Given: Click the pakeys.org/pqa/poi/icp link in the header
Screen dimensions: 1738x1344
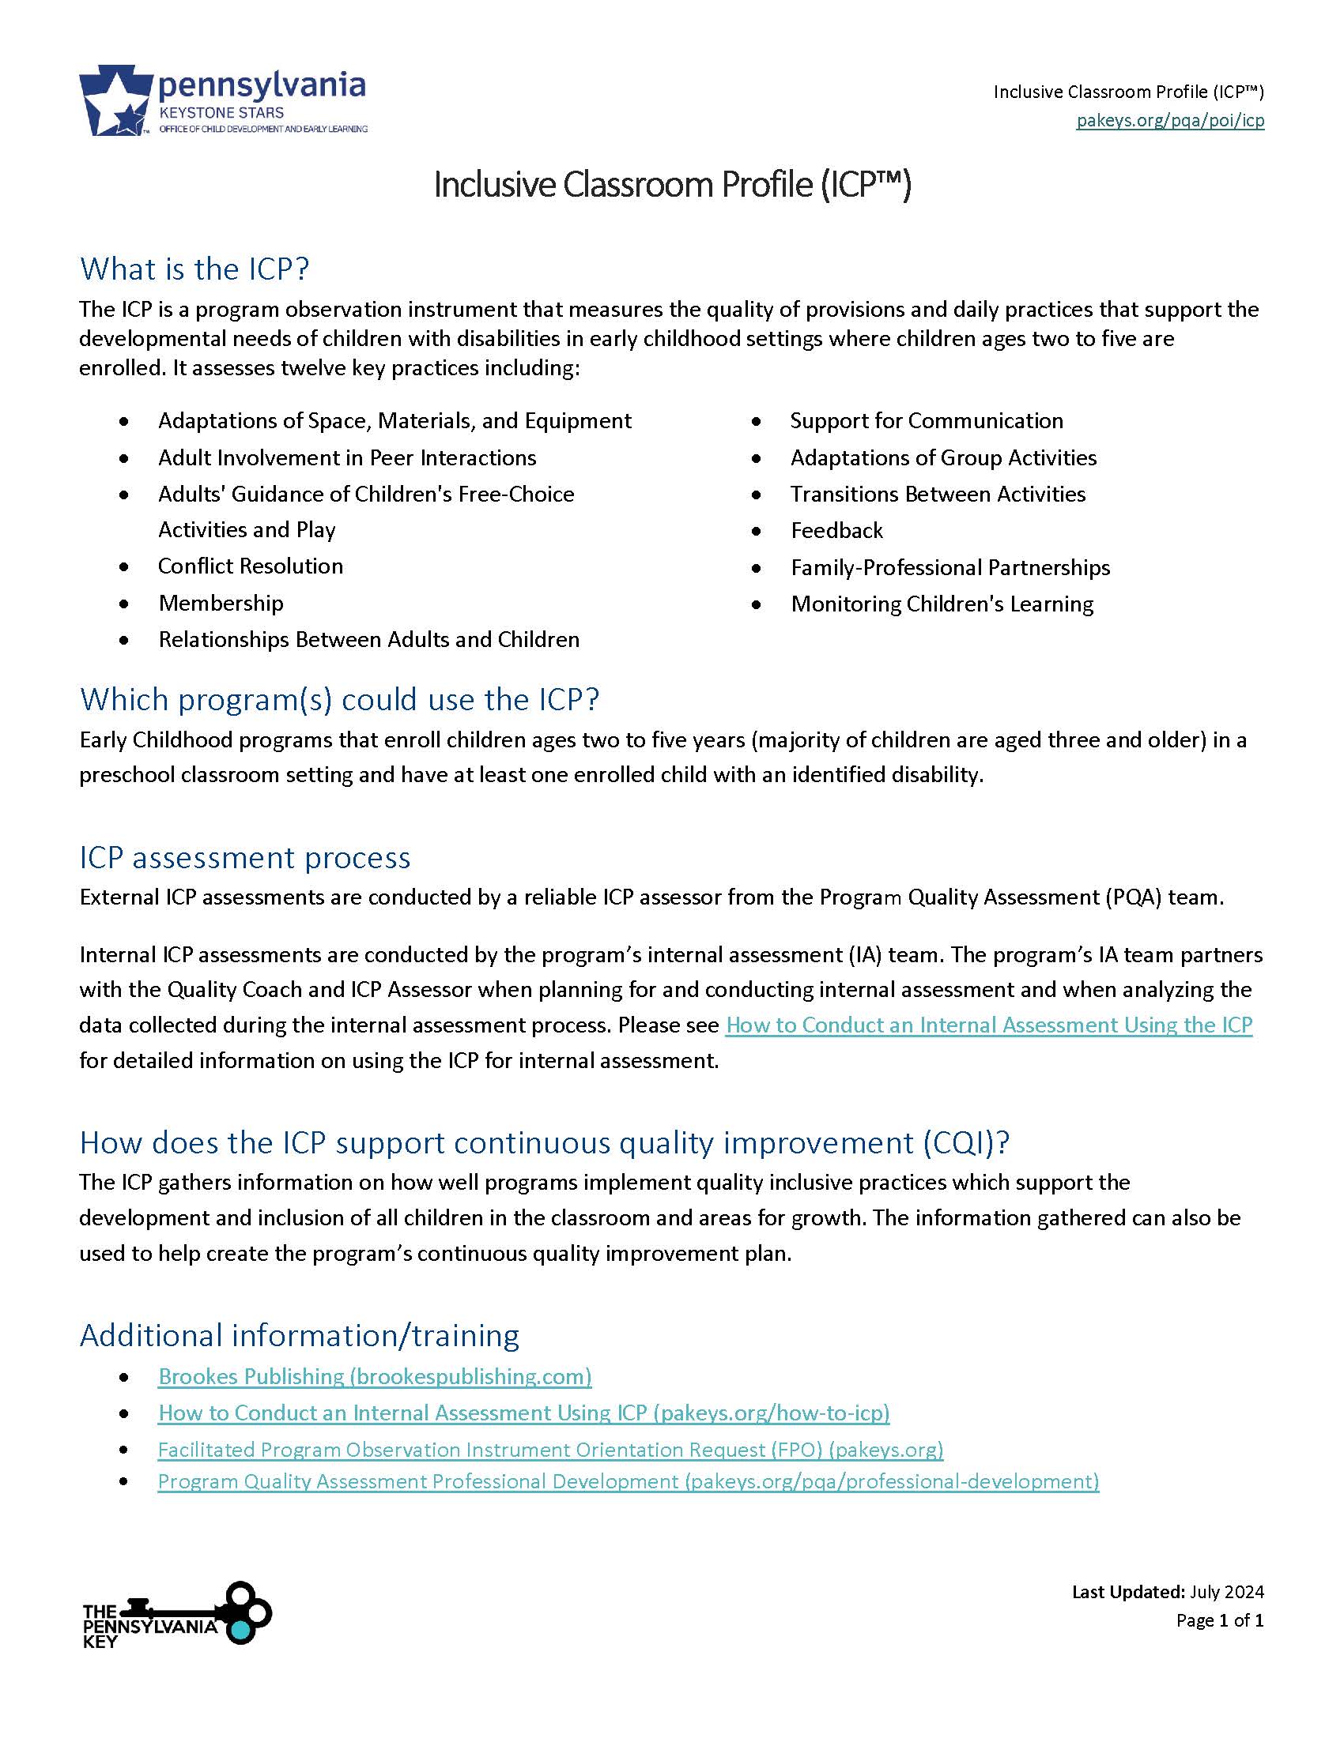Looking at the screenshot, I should click(1169, 121).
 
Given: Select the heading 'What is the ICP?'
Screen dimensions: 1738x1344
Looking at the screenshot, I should click(194, 269).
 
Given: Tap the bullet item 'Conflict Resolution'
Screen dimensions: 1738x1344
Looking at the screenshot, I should click(250, 566).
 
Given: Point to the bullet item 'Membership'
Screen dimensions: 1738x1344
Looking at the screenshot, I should click(221, 603).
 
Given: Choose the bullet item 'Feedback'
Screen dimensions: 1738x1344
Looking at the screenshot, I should click(836, 530).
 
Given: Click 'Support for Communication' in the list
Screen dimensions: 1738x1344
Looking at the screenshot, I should click(926, 420).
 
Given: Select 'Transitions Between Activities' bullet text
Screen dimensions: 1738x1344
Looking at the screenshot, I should click(937, 494).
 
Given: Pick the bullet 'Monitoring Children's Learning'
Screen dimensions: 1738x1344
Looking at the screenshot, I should click(941, 604).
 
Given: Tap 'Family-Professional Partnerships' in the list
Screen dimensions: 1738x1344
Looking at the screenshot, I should click(949, 566).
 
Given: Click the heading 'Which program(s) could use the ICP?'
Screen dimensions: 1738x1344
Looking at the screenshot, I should click(339, 698).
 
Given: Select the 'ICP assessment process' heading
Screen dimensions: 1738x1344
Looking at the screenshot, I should click(244, 857).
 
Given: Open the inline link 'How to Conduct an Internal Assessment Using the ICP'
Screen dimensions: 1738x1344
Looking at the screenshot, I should click(989, 1025).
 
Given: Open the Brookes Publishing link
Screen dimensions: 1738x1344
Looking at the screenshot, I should click(374, 1376).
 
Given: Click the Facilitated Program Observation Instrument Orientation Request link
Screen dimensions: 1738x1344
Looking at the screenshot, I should click(550, 1449).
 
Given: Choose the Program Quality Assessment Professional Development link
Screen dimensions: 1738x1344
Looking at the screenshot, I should click(629, 1481).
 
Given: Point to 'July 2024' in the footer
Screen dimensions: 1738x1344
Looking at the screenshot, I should click(1227, 1592).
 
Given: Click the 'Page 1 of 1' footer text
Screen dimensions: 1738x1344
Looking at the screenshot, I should click(1220, 1620).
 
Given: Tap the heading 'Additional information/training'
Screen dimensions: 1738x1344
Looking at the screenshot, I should click(299, 1335).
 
